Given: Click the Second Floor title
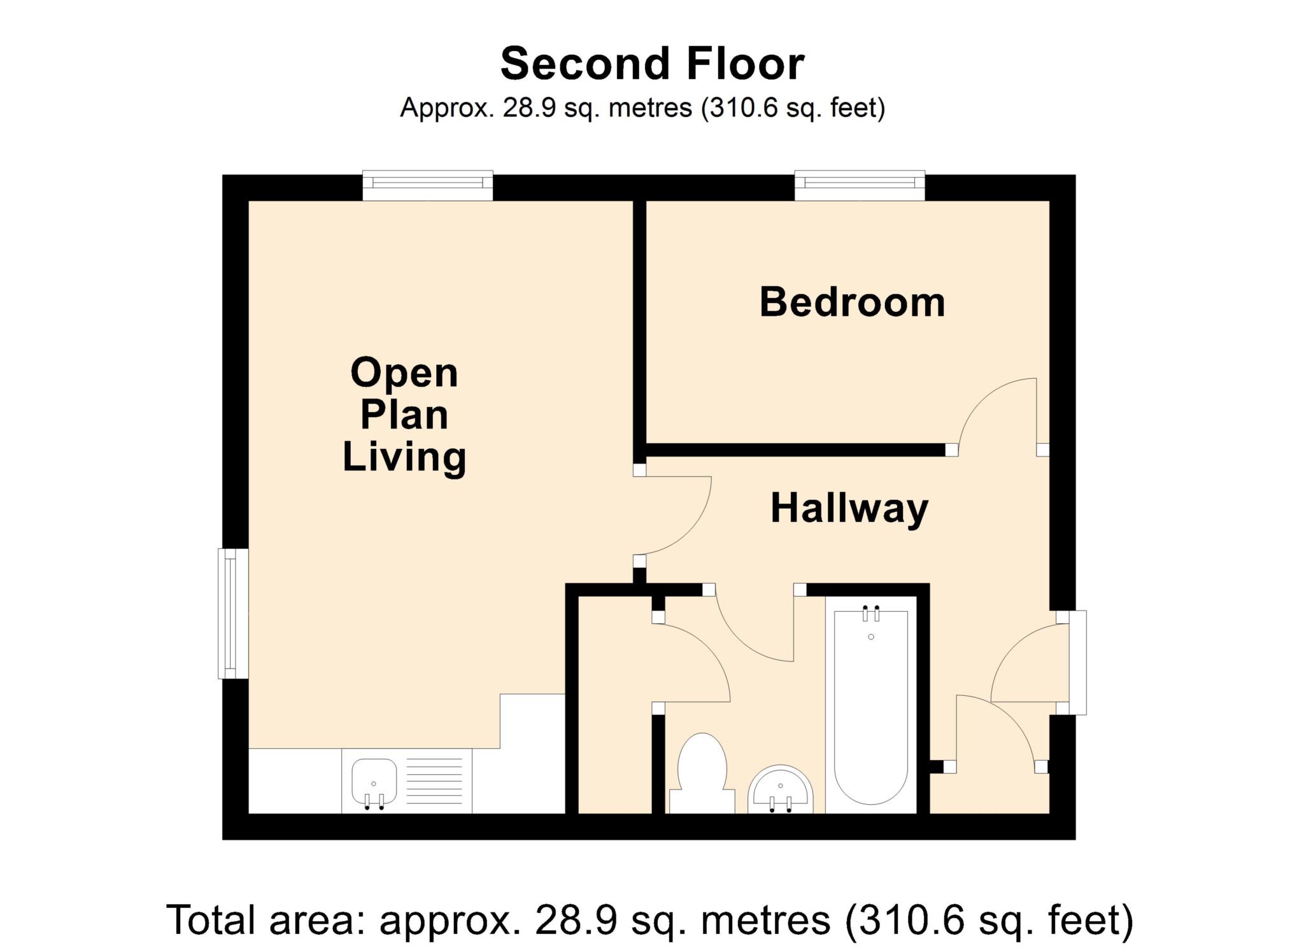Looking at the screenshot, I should point(652,64).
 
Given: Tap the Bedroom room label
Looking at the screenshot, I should point(852,302).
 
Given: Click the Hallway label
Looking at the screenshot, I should point(849,509).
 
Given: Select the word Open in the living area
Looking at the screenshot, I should point(404,373).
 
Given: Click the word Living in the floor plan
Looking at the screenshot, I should point(404,457).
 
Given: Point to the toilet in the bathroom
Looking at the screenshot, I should point(702,772).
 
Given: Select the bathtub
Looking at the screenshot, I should point(870,707).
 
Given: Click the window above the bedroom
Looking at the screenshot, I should point(860,184).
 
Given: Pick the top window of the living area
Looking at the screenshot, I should point(427,184).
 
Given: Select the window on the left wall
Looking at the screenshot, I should point(232,613).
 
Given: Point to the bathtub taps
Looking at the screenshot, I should point(871,615).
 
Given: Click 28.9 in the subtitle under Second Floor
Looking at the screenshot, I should point(522,108).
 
